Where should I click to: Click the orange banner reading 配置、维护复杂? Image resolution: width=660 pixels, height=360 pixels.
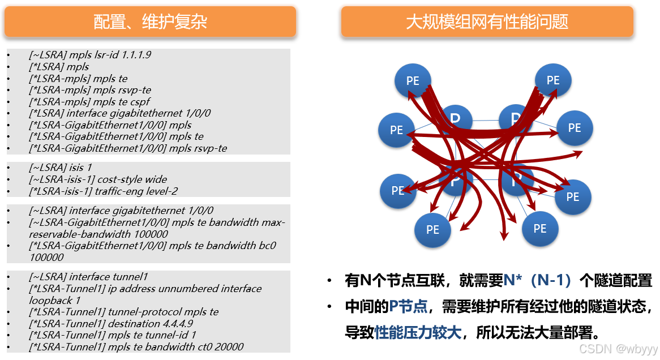click(x=150, y=22)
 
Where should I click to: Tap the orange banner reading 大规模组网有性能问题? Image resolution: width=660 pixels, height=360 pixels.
click(x=487, y=22)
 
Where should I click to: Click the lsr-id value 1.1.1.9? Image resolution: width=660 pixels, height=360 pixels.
click(x=136, y=55)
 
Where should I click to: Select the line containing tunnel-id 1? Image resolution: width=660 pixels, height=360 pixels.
click(x=113, y=335)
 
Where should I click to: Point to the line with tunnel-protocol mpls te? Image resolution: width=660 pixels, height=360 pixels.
click(x=123, y=312)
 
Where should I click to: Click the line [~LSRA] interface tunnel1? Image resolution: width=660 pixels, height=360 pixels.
click(x=88, y=277)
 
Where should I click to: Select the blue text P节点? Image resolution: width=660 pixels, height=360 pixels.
click(x=408, y=307)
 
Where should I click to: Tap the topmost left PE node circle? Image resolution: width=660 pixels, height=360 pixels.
click(x=413, y=80)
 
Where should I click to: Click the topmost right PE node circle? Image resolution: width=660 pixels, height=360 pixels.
click(x=552, y=80)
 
